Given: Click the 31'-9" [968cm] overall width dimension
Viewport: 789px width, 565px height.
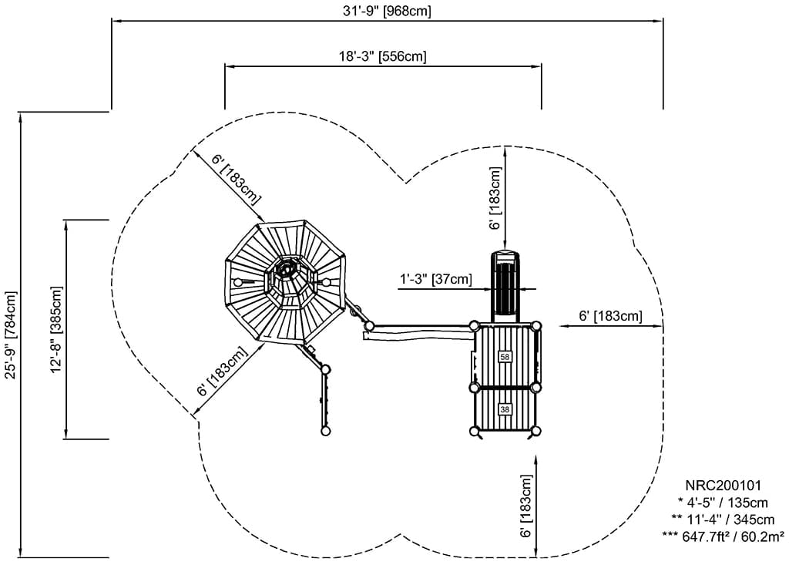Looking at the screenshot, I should [x=388, y=11].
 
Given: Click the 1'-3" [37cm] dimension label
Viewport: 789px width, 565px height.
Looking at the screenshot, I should [x=435, y=278].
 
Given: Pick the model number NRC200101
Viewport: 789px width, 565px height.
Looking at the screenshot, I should [x=723, y=486].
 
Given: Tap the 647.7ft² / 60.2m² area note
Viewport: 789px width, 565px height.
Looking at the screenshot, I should [x=723, y=536].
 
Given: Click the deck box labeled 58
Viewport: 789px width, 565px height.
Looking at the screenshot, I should [x=505, y=357].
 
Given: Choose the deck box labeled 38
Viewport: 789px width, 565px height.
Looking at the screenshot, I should [x=505, y=409].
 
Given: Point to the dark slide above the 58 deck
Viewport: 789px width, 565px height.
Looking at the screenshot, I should [x=506, y=285].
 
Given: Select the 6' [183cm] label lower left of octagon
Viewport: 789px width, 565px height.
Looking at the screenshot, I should [x=222, y=372].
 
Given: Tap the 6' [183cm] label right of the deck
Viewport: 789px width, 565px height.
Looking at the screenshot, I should [x=610, y=316].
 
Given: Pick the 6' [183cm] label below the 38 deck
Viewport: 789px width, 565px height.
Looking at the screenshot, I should [x=526, y=505].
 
